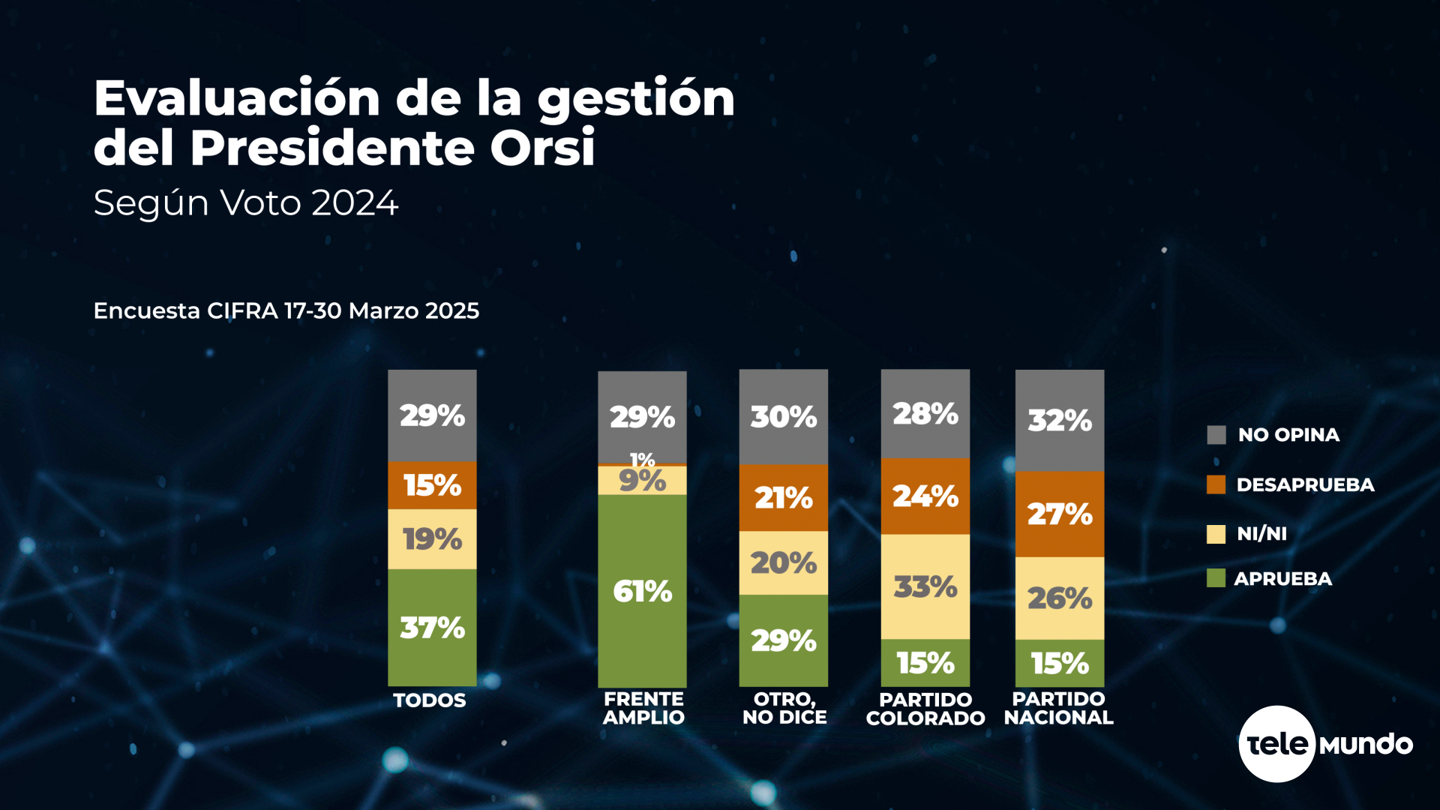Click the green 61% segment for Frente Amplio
click(642, 591)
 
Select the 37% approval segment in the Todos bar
click(432, 627)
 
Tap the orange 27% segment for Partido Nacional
click(1059, 514)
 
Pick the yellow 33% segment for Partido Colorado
click(925, 586)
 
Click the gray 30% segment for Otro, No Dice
click(783, 416)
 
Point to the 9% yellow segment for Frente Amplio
click(642, 481)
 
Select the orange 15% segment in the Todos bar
click(432, 485)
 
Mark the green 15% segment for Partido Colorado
click(925, 663)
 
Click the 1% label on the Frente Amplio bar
click(642, 459)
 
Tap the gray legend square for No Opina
click(1216, 435)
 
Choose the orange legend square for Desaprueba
click(1216, 484)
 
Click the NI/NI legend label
click(1261, 534)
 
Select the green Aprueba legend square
click(1216, 578)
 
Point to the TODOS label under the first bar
click(430, 700)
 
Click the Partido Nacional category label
click(1058, 709)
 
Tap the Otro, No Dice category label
click(784, 709)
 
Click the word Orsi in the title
click(542, 147)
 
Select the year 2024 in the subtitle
click(355, 203)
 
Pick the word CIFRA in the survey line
click(242, 311)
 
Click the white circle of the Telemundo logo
click(1276, 744)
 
